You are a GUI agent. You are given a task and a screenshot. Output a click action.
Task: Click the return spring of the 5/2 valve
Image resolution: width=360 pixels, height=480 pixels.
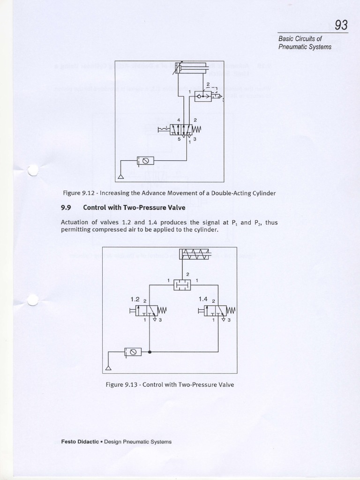197,128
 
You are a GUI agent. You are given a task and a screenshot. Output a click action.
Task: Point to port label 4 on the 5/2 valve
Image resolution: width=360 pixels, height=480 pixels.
179,120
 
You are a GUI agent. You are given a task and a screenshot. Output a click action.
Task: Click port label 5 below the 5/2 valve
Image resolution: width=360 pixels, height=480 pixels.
179,138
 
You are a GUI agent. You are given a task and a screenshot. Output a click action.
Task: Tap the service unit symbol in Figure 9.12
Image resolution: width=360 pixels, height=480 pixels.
145,161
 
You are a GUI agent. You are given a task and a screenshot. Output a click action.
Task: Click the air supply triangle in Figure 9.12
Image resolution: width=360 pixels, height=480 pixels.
120,176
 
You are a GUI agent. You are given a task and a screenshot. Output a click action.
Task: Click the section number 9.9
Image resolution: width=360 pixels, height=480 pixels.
66,207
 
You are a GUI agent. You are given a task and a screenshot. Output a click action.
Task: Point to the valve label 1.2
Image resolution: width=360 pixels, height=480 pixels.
135,298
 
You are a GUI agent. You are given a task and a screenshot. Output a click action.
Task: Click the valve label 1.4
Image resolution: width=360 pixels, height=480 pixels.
203,298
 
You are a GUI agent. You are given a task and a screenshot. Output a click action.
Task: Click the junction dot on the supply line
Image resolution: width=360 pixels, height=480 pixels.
149,351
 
